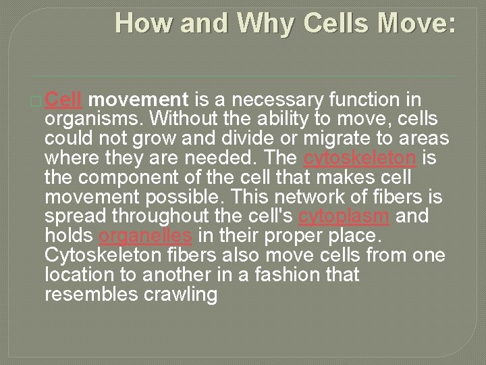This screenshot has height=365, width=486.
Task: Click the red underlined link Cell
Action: (64, 101)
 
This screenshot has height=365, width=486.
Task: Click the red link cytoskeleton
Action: (350, 159)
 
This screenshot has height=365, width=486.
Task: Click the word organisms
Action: (94, 120)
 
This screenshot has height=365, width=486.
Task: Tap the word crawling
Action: (182, 295)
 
